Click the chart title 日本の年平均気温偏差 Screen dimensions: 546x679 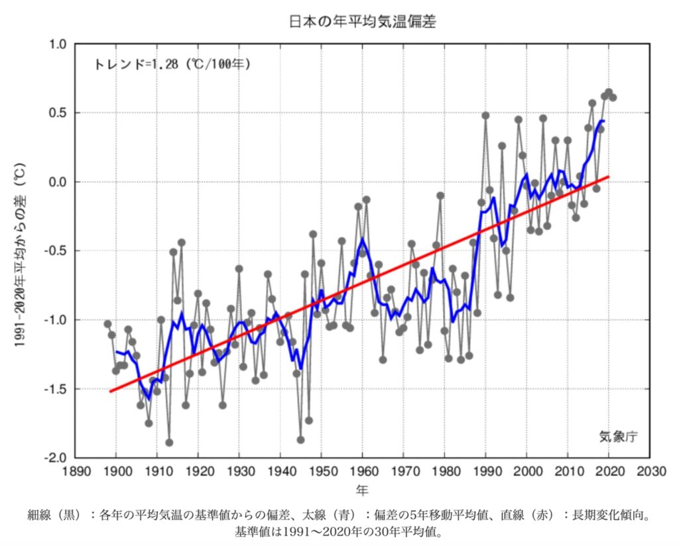(x=362, y=21)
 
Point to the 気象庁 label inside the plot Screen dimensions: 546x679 (x=618, y=435)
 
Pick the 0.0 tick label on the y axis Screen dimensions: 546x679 (x=58, y=182)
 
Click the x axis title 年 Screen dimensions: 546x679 (x=362, y=491)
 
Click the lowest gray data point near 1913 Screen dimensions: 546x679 (x=169, y=443)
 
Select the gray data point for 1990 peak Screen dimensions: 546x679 (x=485, y=115)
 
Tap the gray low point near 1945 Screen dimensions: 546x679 (x=300, y=439)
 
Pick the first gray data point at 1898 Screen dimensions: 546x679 (x=107, y=324)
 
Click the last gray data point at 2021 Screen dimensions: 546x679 (x=613, y=97)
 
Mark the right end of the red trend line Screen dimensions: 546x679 (x=608, y=177)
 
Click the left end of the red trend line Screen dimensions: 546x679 (x=110, y=391)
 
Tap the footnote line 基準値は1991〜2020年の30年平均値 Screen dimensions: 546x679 (x=338, y=532)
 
